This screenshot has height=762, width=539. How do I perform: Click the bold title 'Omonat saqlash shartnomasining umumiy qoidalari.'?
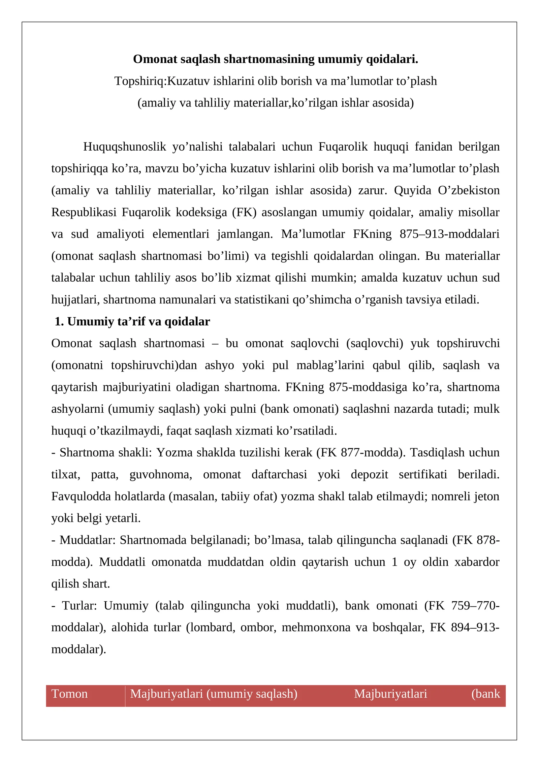click(275, 59)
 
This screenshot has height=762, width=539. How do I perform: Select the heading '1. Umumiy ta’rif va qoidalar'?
click(132, 321)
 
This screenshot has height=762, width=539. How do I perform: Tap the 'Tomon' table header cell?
click(69, 694)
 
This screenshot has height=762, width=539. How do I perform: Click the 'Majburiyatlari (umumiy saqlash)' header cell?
click(214, 694)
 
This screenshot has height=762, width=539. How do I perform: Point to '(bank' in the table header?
click(485, 694)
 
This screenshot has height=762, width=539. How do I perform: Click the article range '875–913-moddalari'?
click(449, 234)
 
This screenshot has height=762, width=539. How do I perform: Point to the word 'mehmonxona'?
click(316, 627)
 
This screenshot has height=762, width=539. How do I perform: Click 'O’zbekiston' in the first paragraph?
click(469, 190)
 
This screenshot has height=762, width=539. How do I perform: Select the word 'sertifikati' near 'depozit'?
click(423, 474)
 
